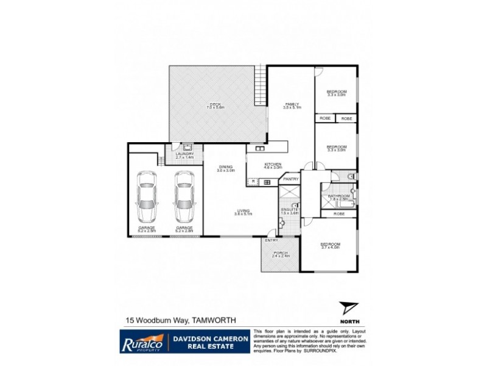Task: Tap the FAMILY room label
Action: click(292, 105)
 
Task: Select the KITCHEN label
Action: click(272, 165)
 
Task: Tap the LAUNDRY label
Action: click(184, 154)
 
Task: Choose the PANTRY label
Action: click(290, 179)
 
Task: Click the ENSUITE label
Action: click(289, 210)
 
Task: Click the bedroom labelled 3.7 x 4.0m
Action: click(331, 245)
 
